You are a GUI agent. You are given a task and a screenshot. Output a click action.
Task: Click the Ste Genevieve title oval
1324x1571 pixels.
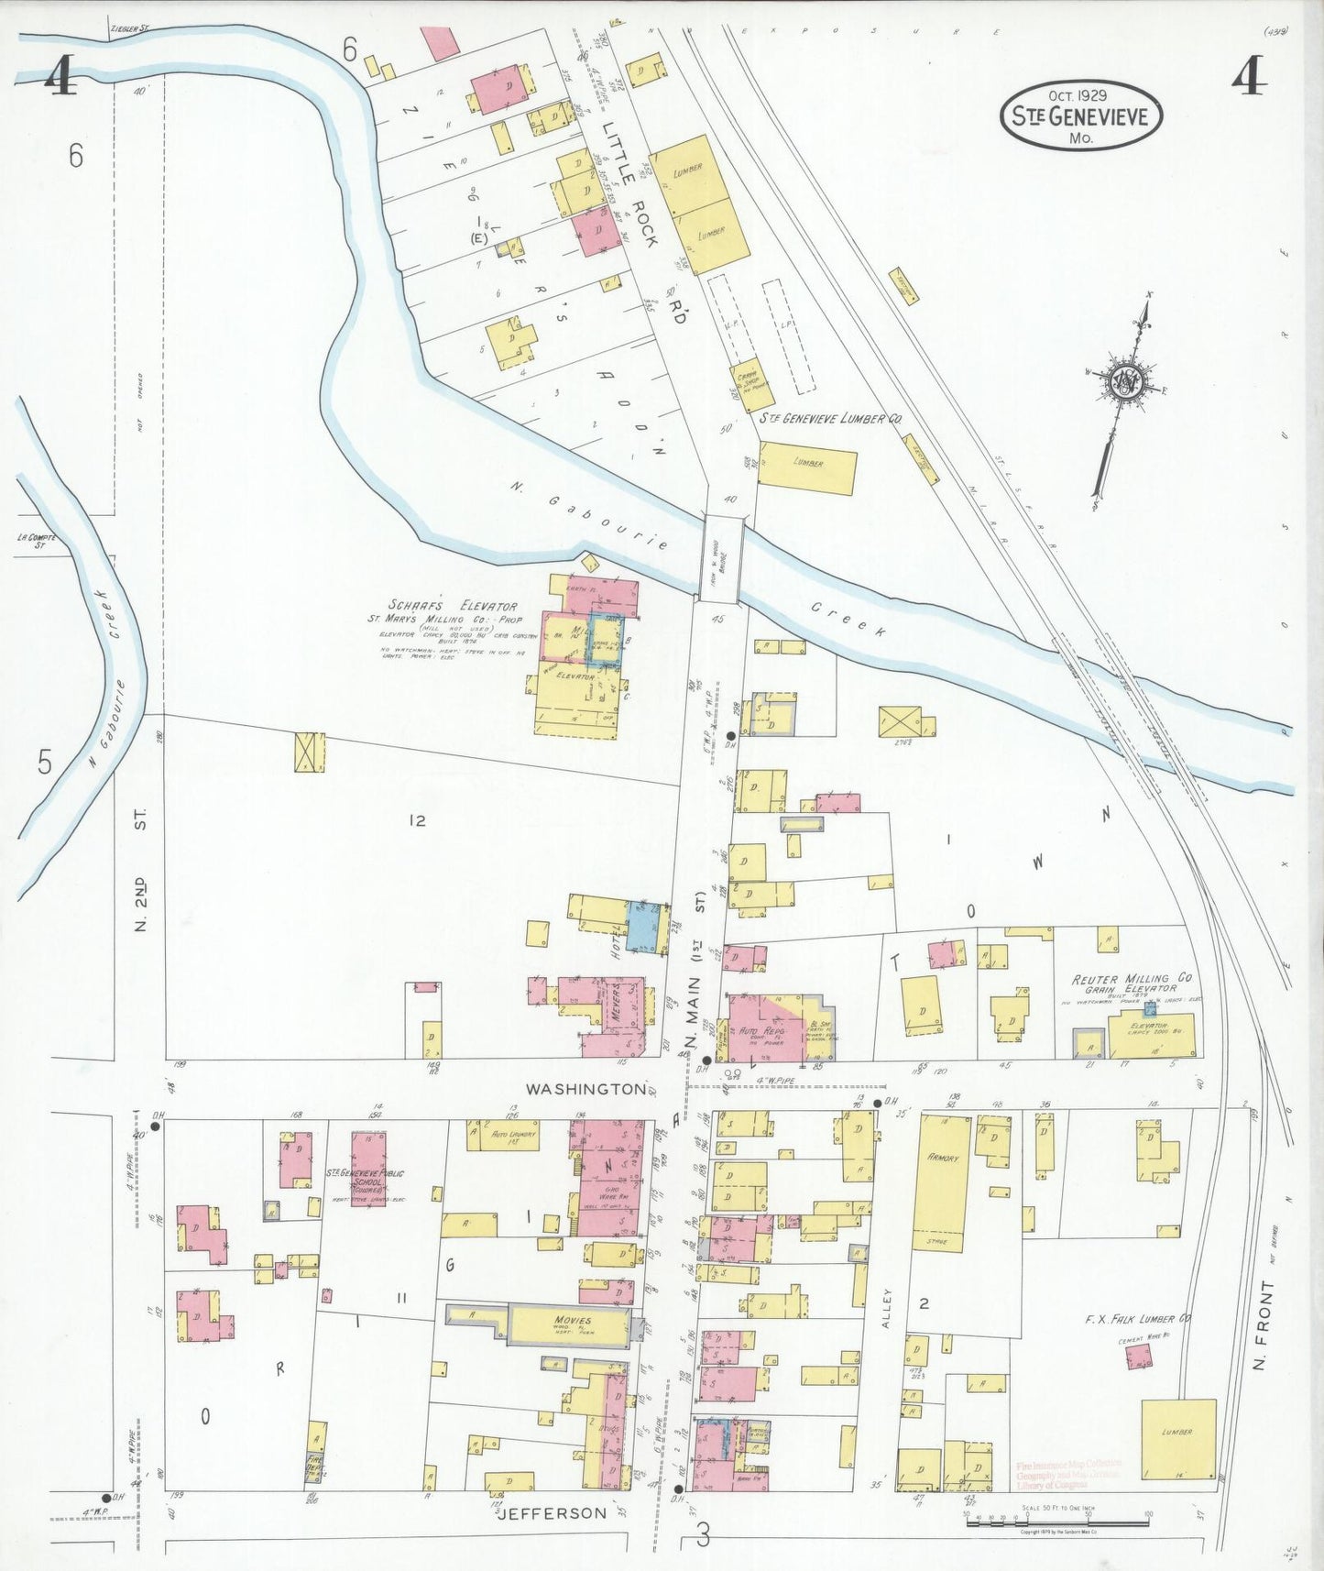tap(1081, 115)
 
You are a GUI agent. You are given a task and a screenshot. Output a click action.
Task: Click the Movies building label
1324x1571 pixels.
tap(572, 1322)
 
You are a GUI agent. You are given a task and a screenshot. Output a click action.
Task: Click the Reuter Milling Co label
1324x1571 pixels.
tap(1132, 979)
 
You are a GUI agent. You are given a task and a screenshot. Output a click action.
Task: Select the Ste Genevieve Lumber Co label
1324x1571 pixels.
tap(831, 418)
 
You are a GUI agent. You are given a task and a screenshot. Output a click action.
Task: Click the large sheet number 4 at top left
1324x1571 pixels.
tap(60, 78)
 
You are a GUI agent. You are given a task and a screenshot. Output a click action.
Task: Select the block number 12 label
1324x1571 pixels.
tap(418, 820)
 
